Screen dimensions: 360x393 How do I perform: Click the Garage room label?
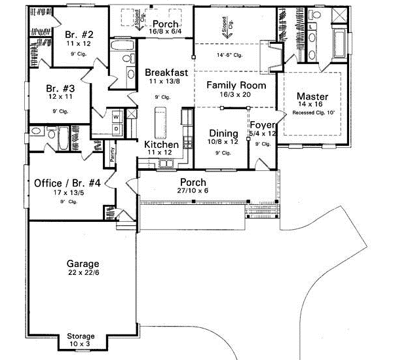(x=83, y=264)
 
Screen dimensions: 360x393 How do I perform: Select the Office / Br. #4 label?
(x=67, y=183)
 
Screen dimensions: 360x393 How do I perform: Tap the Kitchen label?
(x=161, y=144)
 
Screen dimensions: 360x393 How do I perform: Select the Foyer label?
(x=262, y=125)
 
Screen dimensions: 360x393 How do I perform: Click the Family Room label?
(x=236, y=85)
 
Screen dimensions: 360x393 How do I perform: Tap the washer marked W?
(x=116, y=117)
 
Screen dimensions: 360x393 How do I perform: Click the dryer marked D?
(x=116, y=128)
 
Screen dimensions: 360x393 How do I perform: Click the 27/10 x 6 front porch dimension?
(x=193, y=192)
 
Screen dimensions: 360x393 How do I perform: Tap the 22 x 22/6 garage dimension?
(x=83, y=274)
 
